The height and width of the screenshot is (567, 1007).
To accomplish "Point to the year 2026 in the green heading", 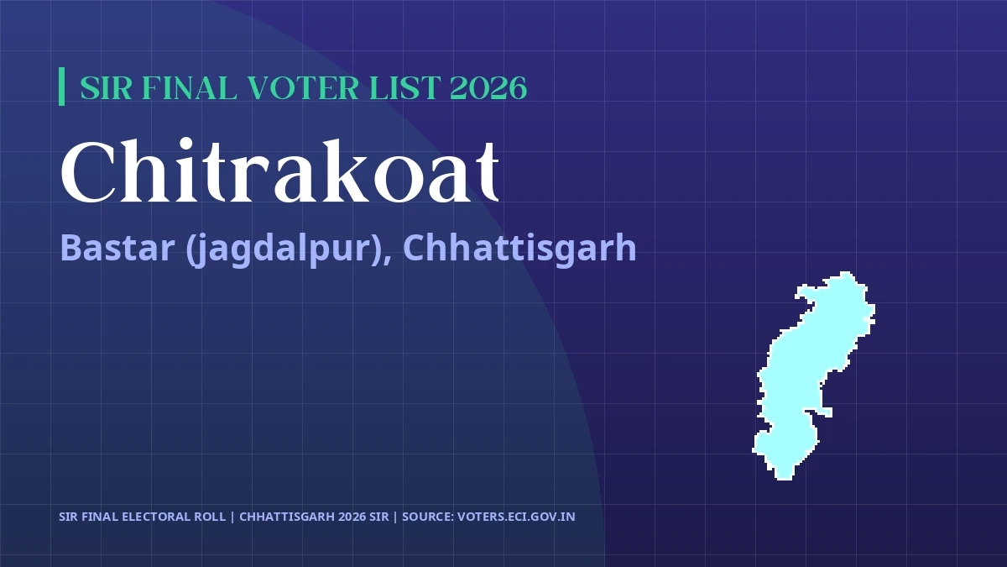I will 489,87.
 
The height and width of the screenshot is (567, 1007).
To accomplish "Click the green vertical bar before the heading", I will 62,87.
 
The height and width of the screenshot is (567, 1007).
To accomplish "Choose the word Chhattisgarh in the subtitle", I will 519,248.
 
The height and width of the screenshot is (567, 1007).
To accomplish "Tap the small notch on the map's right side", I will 827,412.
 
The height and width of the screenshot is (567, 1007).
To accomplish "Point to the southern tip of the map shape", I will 784,475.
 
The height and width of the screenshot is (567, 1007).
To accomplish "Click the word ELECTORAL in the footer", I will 154,517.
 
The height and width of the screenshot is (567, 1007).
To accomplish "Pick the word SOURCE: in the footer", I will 427,517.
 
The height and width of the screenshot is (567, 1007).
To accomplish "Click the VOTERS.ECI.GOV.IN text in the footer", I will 516,517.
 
